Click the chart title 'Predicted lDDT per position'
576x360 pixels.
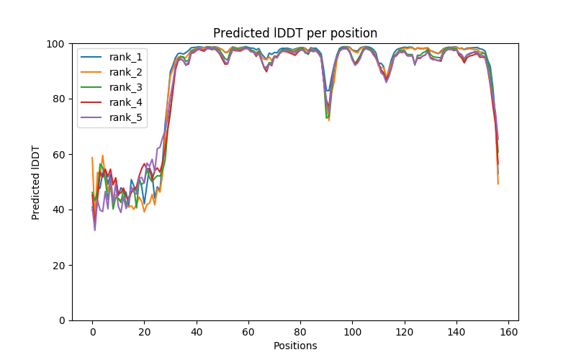click(295, 33)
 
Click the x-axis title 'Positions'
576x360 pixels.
click(295, 346)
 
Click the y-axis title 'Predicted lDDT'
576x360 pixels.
click(36, 181)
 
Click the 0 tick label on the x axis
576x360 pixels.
click(92, 331)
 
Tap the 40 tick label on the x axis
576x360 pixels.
click(196, 331)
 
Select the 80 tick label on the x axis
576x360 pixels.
click(300, 331)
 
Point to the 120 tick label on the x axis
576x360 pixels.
click(404, 331)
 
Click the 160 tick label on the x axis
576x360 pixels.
click(508, 331)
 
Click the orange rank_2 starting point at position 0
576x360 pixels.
click(92, 158)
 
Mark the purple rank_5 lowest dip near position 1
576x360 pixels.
click(95, 230)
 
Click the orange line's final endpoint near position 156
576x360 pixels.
click(498, 184)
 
